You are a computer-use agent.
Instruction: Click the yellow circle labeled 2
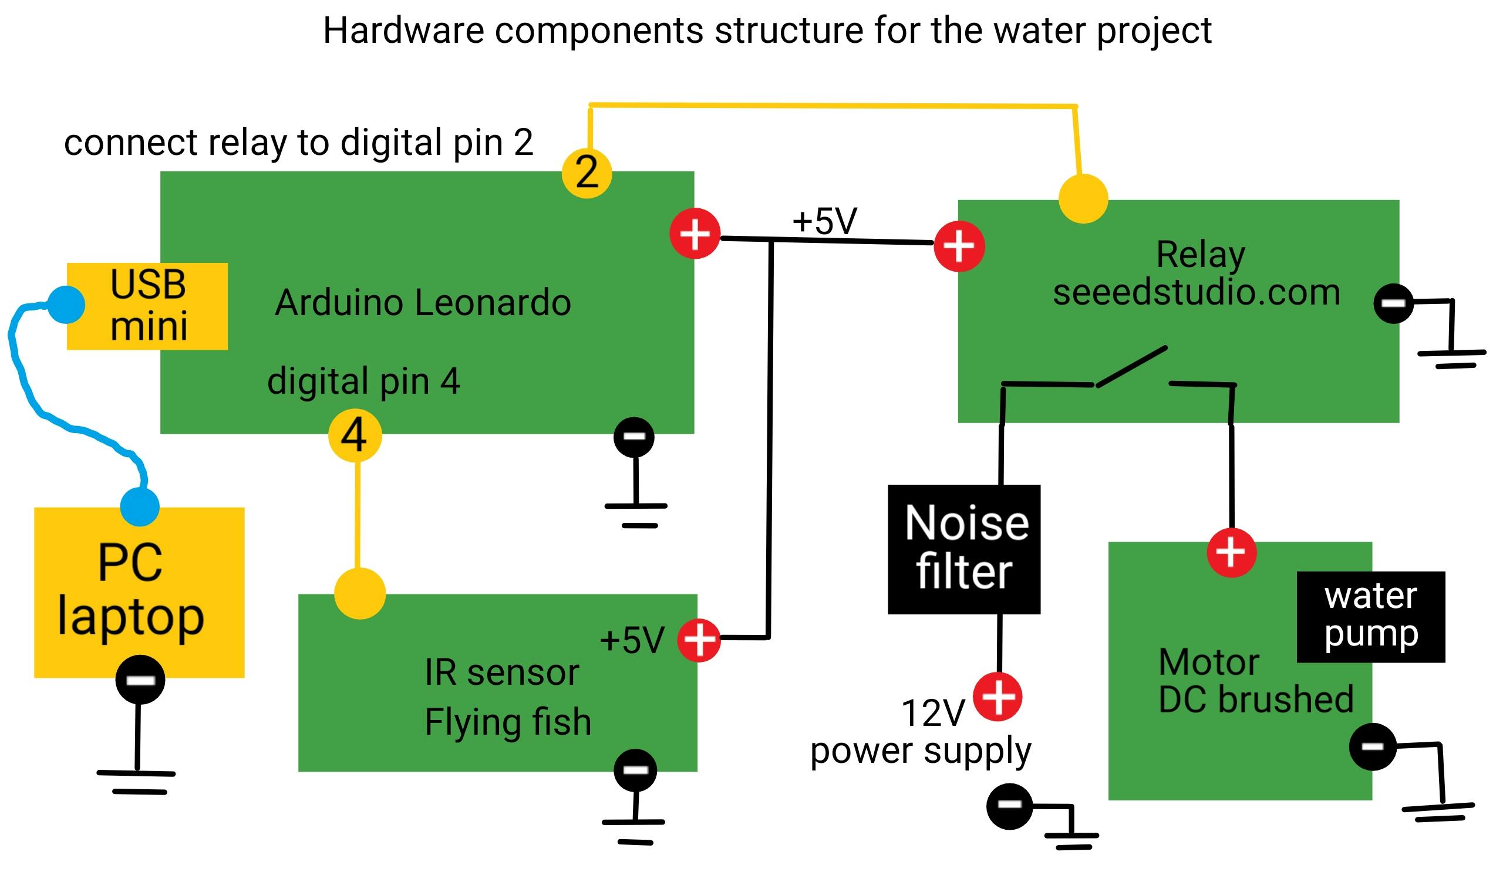(x=587, y=173)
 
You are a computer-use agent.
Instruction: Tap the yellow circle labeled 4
(x=355, y=435)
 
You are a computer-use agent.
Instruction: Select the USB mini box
(x=147, y=306)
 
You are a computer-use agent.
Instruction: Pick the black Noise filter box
(x=964, y=549)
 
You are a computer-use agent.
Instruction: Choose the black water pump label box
(x=1370, y=616)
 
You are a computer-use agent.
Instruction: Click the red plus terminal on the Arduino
(x=695, y=234)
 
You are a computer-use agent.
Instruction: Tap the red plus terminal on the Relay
(x=959, y=246)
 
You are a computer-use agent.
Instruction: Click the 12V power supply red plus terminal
(x=998, y=696)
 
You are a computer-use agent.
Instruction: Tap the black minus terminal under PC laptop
(x=140, y=680)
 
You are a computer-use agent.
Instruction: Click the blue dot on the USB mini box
(x=66, y=305)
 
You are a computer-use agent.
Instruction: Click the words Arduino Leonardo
(x=423, y=302)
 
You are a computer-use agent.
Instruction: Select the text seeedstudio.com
(x=1196, y=292)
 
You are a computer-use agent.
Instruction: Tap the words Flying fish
(x=508, y=721)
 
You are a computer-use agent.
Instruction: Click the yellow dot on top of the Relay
(x=1083, y=198)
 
